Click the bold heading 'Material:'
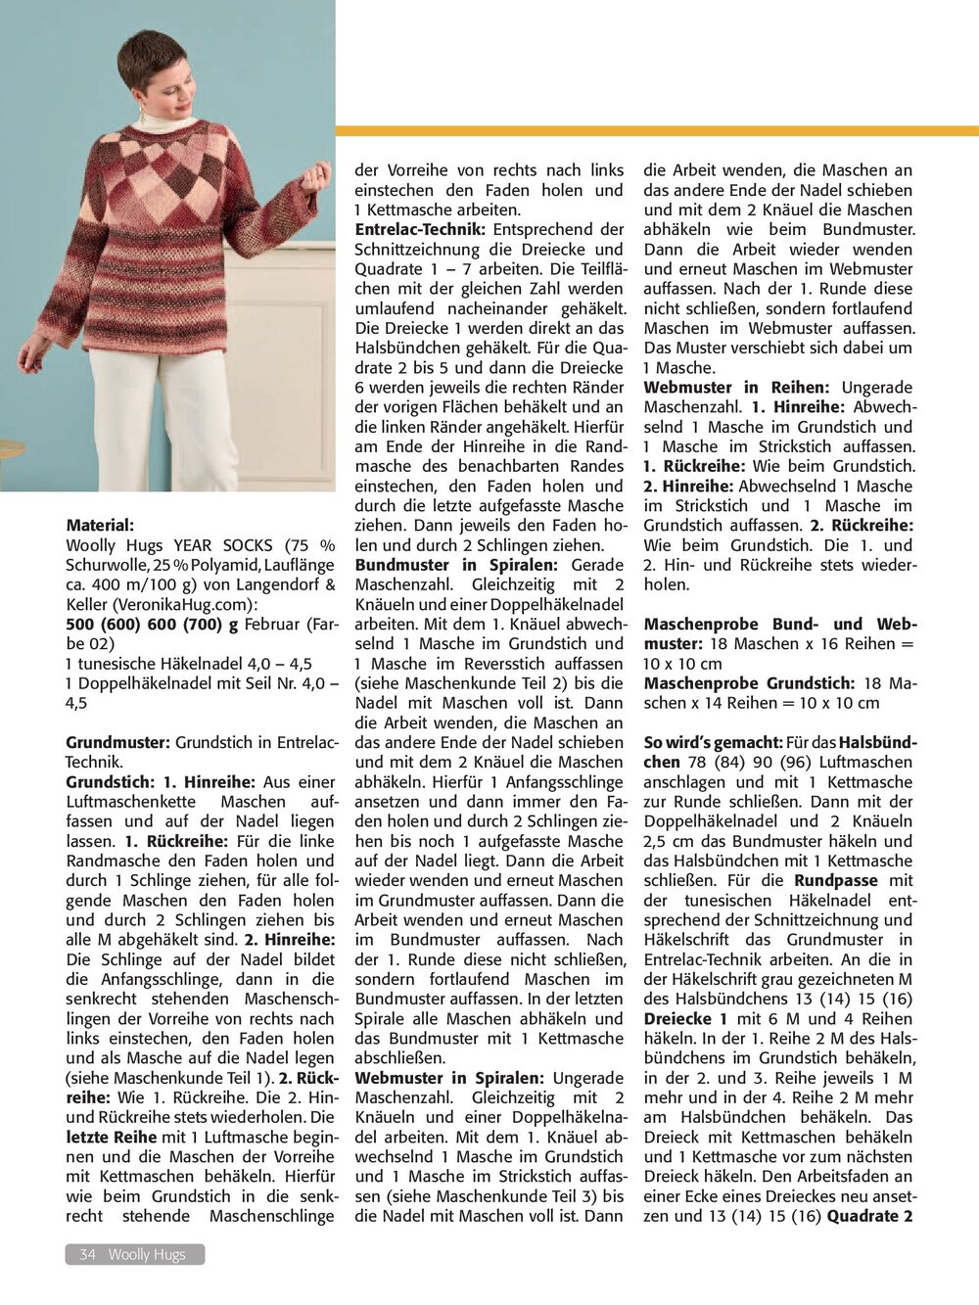click(x=100, y=526)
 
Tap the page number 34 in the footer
click(x=87, y=1254)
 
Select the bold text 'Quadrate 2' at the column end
click(x=869, y=1216)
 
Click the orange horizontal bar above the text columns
click(x=656, y=130)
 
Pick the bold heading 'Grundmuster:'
click(x=117, y=742)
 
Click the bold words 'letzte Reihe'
click(x=111, y=1137)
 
